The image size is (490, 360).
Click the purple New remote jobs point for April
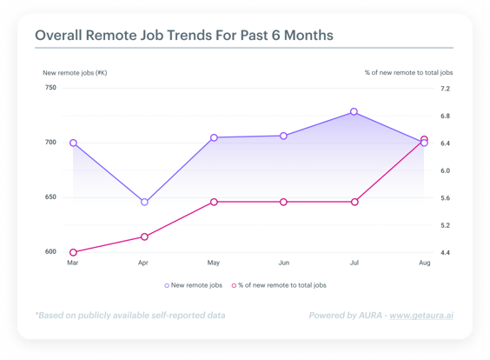tap(144, 202)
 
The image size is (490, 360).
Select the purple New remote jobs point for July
tap(354, 111)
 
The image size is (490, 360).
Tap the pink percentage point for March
tap(73, 252)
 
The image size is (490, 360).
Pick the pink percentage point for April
tap(144, 237)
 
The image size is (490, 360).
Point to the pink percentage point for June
tap(283, 202)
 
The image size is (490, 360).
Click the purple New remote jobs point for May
tap(214, 137)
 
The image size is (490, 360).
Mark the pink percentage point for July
tap(354, 202)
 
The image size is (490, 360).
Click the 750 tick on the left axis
tap(50, 88)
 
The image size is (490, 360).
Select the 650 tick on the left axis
tap(50, 197)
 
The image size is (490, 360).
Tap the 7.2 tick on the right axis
tap(446, 89)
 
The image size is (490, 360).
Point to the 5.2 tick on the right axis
tap(446, 225)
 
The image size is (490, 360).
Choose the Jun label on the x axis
tap(284, 263)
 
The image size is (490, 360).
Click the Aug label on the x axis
tap(424, 263)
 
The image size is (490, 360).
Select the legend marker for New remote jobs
tap(167, 285)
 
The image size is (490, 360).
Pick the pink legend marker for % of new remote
tap(234, 285)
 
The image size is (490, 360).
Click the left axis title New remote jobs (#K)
tap(75, 73)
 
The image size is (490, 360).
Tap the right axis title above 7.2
tap(408, 72)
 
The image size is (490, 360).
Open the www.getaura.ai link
tap(421, 316)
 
